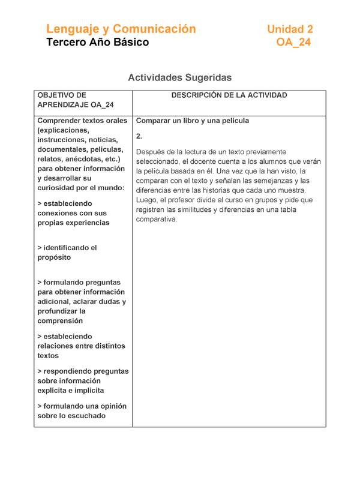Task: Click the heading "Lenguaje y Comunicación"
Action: click(121, 29)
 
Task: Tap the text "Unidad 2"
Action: click(290, 29)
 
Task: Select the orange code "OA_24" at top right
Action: click(293, 43)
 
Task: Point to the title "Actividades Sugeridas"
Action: click(179, 77)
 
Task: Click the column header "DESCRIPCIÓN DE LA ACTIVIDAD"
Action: click(229, 95)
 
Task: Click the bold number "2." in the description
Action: click(139, 136)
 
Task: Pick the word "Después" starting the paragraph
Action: click(151, 152)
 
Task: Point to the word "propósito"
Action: click(54, 257)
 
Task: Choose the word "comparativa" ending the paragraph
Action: click(157, 219)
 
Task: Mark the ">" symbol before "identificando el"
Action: click(40, 248)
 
